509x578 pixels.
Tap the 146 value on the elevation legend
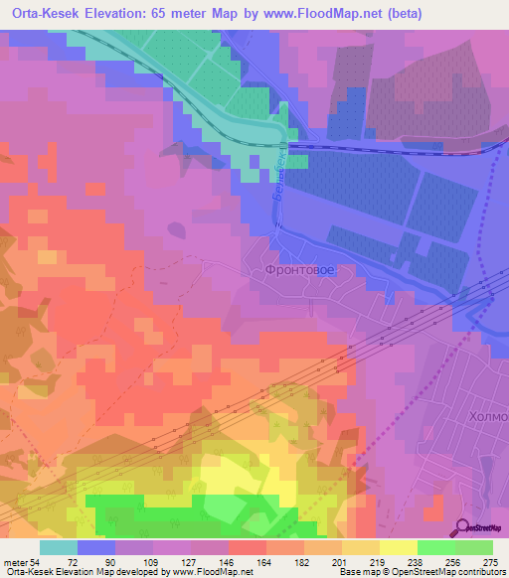click(228, 561)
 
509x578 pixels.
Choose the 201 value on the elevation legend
click(341, 561)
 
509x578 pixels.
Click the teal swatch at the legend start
click(59, 547)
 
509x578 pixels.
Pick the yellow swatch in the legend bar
click(398, 547)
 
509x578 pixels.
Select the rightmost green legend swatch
click(473, 547)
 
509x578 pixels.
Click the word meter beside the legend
click(16, 561)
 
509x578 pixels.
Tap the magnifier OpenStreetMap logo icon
click(463, 528)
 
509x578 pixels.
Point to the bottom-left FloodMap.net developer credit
click(127, 572)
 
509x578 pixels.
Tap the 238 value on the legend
click(416, 561)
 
